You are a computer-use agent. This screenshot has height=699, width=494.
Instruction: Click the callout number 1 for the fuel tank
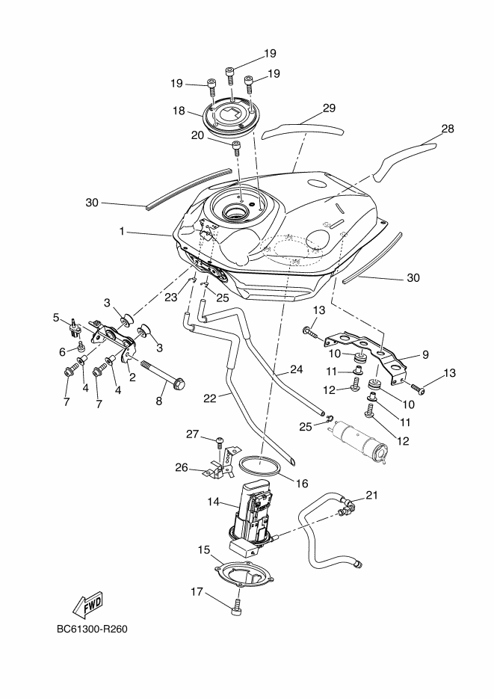pyautogui.click(x=121, y=232)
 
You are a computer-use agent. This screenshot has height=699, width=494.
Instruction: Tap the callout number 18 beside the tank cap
pyautogui.click(x=178, y=111)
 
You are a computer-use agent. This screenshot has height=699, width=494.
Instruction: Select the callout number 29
pyautogui.click(x=329, y=108)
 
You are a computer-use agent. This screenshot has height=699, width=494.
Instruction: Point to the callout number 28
pyautogui.click(x=447, y=129)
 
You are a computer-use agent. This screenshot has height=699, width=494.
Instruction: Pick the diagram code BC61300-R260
pyautogui.click(x=92, y=629)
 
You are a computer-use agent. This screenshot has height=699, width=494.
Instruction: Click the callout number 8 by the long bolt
pyautogui.click(x=158, y=401)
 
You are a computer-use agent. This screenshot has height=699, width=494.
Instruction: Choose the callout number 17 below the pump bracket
pyautogui.click(x=197, y=592)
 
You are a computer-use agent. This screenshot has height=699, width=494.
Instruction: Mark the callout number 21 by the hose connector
pyautogui.click(x=371, y=496)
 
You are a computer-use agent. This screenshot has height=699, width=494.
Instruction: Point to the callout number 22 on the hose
pyautogui.click(x=210, y=398)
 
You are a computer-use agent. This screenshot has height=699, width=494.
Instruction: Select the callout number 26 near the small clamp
pyautogui.click(x=182, y=469)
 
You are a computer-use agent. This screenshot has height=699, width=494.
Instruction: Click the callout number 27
pyautogui.click(x=191, y=434)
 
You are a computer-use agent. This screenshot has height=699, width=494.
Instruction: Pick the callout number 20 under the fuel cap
pyautogui.click(x=197, y=135)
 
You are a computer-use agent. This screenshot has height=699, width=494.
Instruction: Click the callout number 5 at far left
pyautogui.click(x=56, y=317)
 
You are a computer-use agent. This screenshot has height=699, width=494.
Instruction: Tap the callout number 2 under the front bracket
pyautogui.click(x=132, y=378)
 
